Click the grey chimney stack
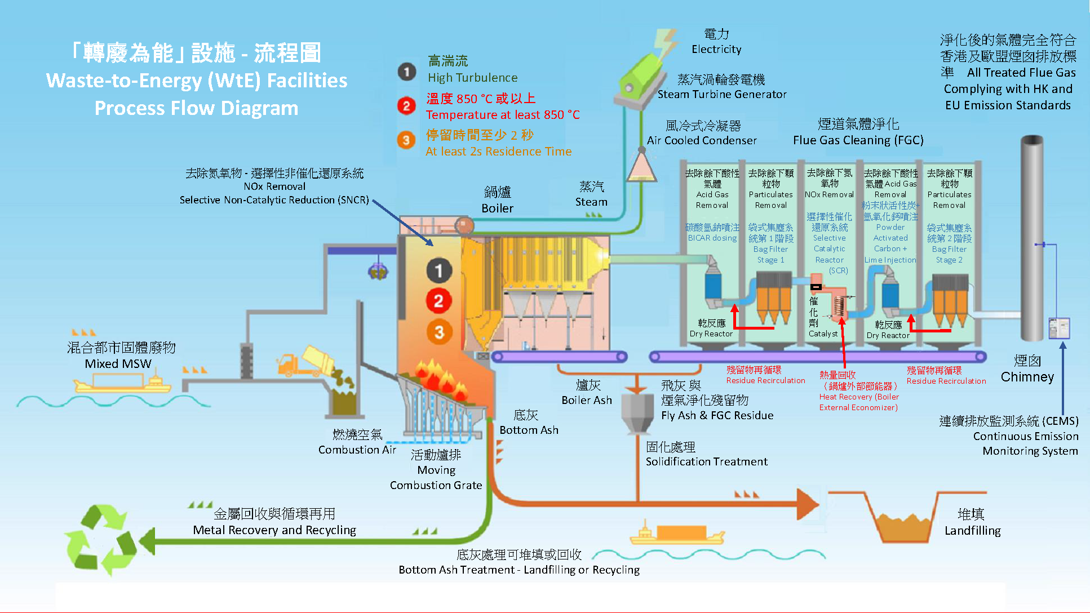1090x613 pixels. (1032, 237)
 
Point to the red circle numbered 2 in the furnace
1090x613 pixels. (438, 301)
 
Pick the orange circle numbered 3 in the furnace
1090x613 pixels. (439, 332)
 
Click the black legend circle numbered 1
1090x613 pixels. (406, 72)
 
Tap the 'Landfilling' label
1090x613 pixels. (972, 530)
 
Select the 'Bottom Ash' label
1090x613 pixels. (529, 430)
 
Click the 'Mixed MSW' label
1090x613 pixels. (118, 363)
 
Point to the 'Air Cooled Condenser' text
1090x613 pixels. (702, 140)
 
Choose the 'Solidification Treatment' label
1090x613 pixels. (706, 461)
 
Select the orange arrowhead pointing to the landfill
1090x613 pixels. (807, 503)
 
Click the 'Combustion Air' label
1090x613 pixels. (357, 450)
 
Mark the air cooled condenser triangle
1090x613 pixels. (641, 167)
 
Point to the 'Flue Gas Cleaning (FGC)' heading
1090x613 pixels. (858, 140)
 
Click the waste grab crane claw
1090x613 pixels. (378, 272)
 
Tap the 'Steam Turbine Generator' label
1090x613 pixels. (722, 94)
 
